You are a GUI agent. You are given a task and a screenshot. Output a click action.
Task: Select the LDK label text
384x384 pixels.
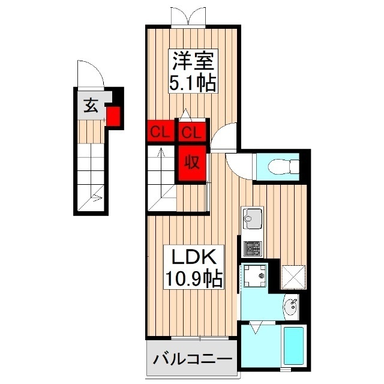tap(194, 256)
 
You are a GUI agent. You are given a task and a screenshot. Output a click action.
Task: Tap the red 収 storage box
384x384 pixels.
tap(192, 162)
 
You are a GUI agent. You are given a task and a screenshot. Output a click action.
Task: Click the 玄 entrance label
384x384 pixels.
tap(91, 106)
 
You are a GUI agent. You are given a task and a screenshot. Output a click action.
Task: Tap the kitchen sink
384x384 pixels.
tap(251, 217)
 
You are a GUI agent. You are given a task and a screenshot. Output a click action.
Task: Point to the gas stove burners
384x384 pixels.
tap(251, 247)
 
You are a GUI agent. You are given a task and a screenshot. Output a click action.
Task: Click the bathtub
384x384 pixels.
tap(294, 348)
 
